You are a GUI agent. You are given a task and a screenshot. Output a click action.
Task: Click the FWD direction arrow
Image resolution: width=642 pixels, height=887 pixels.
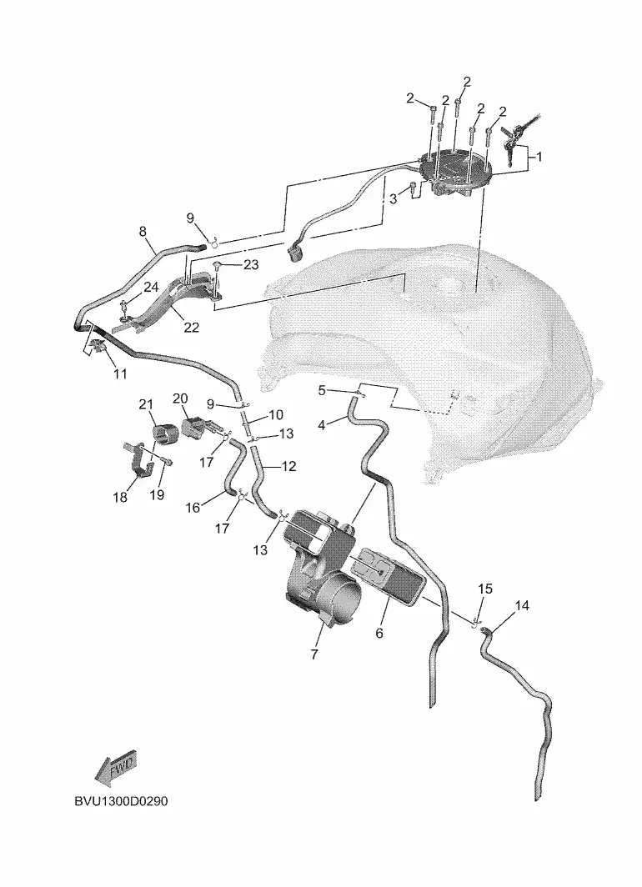point(115,768)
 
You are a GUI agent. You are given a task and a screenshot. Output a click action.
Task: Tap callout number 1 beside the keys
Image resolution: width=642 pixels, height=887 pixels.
point(539,156)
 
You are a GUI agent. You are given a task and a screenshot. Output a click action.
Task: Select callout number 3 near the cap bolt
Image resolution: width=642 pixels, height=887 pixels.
point(394,198)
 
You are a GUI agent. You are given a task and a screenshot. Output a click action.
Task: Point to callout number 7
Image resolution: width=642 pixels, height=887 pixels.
point(314,654)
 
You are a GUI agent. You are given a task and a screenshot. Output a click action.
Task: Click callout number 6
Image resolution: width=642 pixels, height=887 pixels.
point(379,634)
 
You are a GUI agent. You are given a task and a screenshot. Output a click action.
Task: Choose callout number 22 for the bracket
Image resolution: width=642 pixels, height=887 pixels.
point(191,328)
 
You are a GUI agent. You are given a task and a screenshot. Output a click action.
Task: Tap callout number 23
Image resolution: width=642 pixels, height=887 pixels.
point(252,265)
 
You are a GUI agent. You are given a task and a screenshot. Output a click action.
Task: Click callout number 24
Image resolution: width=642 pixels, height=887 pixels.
point(151,288)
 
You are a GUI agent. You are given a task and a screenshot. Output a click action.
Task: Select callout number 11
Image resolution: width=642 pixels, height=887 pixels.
point(120,374)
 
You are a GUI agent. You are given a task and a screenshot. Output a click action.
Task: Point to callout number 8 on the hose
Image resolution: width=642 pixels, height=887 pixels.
point(142,231)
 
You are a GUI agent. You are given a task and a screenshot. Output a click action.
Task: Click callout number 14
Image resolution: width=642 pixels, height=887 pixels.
point(522,606)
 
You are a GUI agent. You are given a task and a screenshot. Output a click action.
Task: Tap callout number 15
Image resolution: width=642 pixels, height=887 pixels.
point(485,589)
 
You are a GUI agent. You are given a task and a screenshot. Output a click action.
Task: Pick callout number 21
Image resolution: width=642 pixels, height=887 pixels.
point(147,405)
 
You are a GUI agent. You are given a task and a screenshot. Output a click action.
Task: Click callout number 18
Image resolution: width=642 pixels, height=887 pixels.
point(121,498)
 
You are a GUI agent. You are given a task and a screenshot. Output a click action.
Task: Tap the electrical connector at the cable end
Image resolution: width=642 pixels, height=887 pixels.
point(296,251)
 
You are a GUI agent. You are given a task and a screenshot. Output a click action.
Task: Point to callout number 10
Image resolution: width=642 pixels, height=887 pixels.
point(276,414)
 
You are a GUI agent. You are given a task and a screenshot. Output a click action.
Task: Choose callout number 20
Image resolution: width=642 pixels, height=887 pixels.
point(180,398)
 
